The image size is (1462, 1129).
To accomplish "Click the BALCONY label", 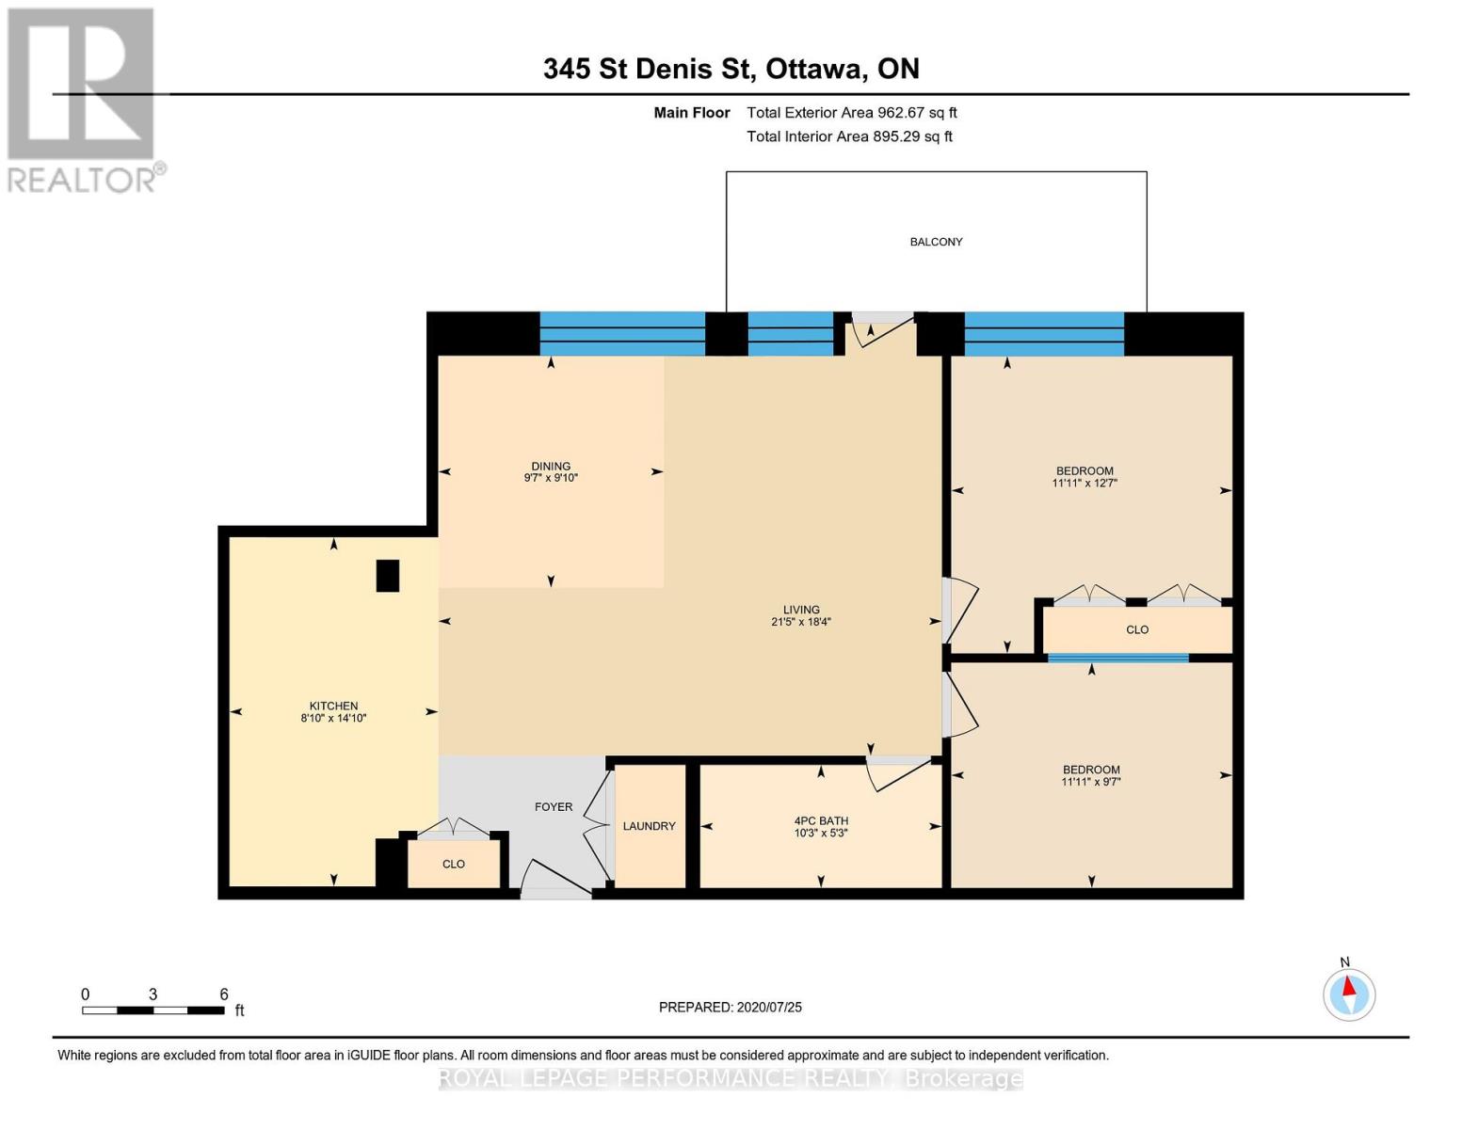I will click(x=936, y=242).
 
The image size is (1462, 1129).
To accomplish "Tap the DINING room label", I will click(x=551, y=466).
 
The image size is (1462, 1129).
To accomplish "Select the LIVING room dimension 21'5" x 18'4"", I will click(x=801, y=622).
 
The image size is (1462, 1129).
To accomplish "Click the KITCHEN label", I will click(x=333, y=706).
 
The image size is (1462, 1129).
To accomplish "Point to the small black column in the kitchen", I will click(x=387, y=576).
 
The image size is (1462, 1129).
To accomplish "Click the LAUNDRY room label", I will click(x=649, y=826).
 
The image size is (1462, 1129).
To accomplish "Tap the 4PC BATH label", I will click(x=821, y=820).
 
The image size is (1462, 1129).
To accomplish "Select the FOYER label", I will click(x=554, y=806).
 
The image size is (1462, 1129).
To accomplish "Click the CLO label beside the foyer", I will click(x=454, y=864).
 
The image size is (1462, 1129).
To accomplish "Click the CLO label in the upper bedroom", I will click(x=1137, y=629).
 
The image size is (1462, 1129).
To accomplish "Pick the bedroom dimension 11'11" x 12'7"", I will click(x=1084, y=484).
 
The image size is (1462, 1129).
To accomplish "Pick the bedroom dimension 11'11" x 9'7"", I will click(x=1091, y=782).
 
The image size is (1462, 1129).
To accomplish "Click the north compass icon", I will click(x=1349, y=994).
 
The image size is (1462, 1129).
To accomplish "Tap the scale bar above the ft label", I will click(x=153, y=1010).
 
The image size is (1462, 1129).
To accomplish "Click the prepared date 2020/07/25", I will click(x=731, y=1007).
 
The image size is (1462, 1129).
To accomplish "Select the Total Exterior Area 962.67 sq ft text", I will click(x=851, y=113).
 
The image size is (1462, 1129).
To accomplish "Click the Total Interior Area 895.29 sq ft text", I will click(x=849, y=136).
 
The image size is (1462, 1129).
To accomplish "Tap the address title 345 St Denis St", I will click(x=731, y=69).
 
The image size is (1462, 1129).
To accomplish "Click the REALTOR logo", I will click(x=83, y=100).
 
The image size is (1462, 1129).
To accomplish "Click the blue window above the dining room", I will click(x=622, y=334).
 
